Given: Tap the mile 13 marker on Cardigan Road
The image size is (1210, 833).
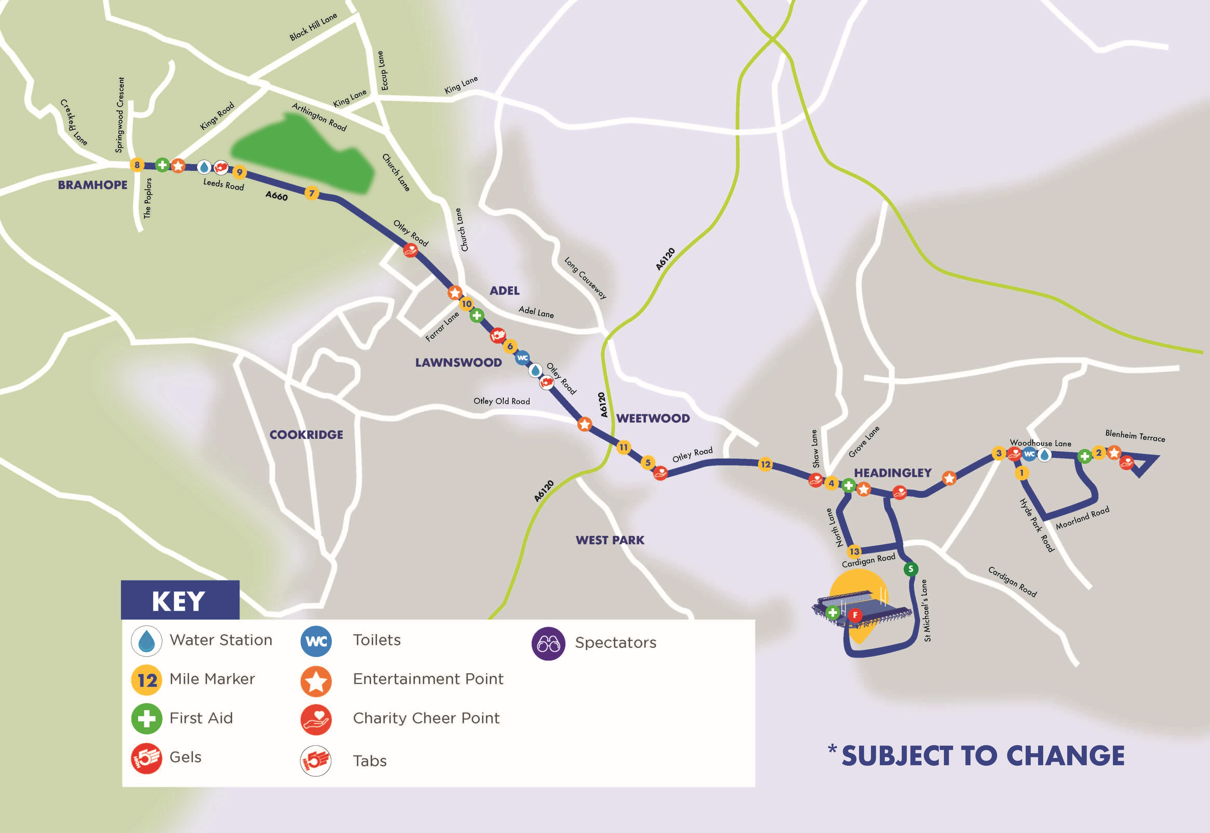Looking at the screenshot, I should point(854,551).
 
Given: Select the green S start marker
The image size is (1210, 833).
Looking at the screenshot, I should point(910,569).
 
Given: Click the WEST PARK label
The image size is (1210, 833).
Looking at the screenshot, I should point(610,540).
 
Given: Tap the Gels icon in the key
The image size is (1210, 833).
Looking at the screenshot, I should point(146,758).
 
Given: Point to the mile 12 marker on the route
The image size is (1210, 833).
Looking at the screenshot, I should point(765,464).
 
